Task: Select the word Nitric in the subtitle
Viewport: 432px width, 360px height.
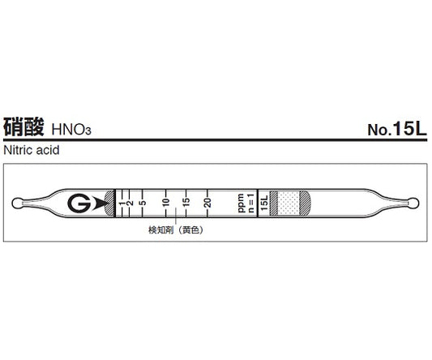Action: point(19,150)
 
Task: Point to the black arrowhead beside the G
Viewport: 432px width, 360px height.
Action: point(101,203)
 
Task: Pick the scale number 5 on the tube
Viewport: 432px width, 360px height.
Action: point(143,203)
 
